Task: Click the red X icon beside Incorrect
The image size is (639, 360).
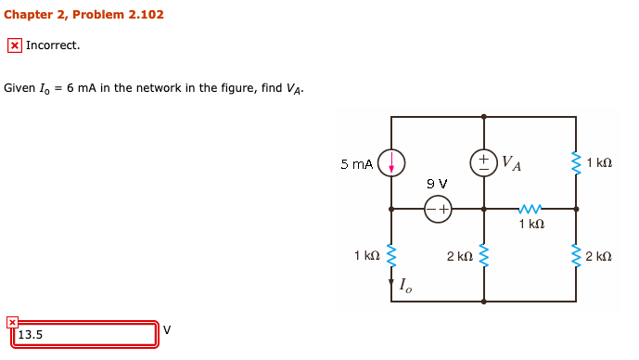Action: [14, 45]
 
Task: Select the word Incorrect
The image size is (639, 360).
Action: [53, 45]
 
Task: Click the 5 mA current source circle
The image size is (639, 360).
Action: [391, 163]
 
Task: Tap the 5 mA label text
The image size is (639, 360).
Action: [356, 164]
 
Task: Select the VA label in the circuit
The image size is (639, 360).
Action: [511, 164]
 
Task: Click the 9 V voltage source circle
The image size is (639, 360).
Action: [438, 210]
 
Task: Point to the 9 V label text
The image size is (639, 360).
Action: [437, 184]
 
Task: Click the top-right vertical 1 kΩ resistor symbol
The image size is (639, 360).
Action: [576, 162]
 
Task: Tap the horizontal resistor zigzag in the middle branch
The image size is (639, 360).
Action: [530, 209]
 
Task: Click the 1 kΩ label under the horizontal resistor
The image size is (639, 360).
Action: [531, 225]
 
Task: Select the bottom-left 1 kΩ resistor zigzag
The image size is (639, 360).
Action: [391, 255]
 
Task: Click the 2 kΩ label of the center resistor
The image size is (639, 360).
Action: [459, 255]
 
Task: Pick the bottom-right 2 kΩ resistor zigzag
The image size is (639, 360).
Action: [576, 255]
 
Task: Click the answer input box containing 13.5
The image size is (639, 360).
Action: [83, 335]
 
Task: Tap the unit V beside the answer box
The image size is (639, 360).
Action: [167, 329]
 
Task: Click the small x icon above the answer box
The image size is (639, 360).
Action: [11, 322]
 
